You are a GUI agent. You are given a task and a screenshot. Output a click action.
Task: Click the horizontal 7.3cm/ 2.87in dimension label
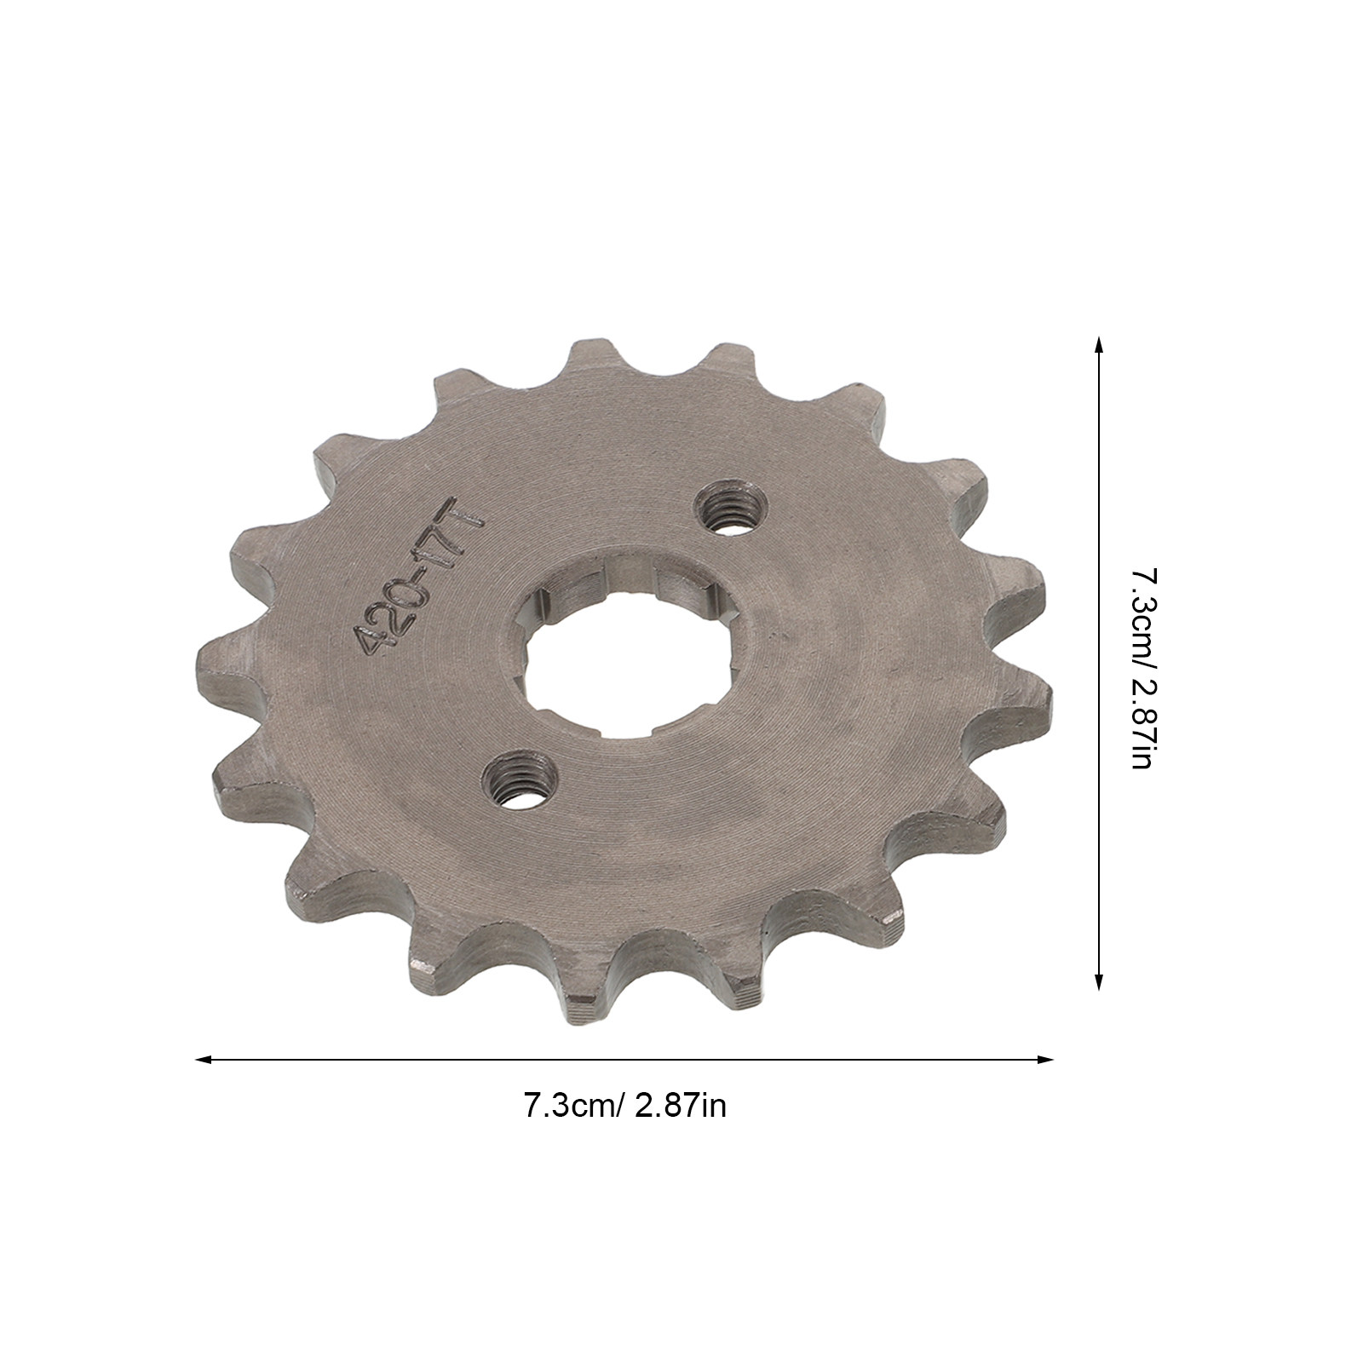pyautogui.click(x=624, y=1107)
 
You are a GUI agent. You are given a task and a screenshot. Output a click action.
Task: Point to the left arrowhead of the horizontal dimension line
pyautogui.click(x=203, y=1060)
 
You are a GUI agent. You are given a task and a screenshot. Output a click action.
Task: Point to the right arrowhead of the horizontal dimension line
pyautogui.click(x=1046, y=1060)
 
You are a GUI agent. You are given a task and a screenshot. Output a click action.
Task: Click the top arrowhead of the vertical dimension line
pyautogui.click(x=1098, y=343)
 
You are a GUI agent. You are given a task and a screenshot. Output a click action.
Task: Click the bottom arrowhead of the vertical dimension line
pyautogui.click(x=1098, y=982)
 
